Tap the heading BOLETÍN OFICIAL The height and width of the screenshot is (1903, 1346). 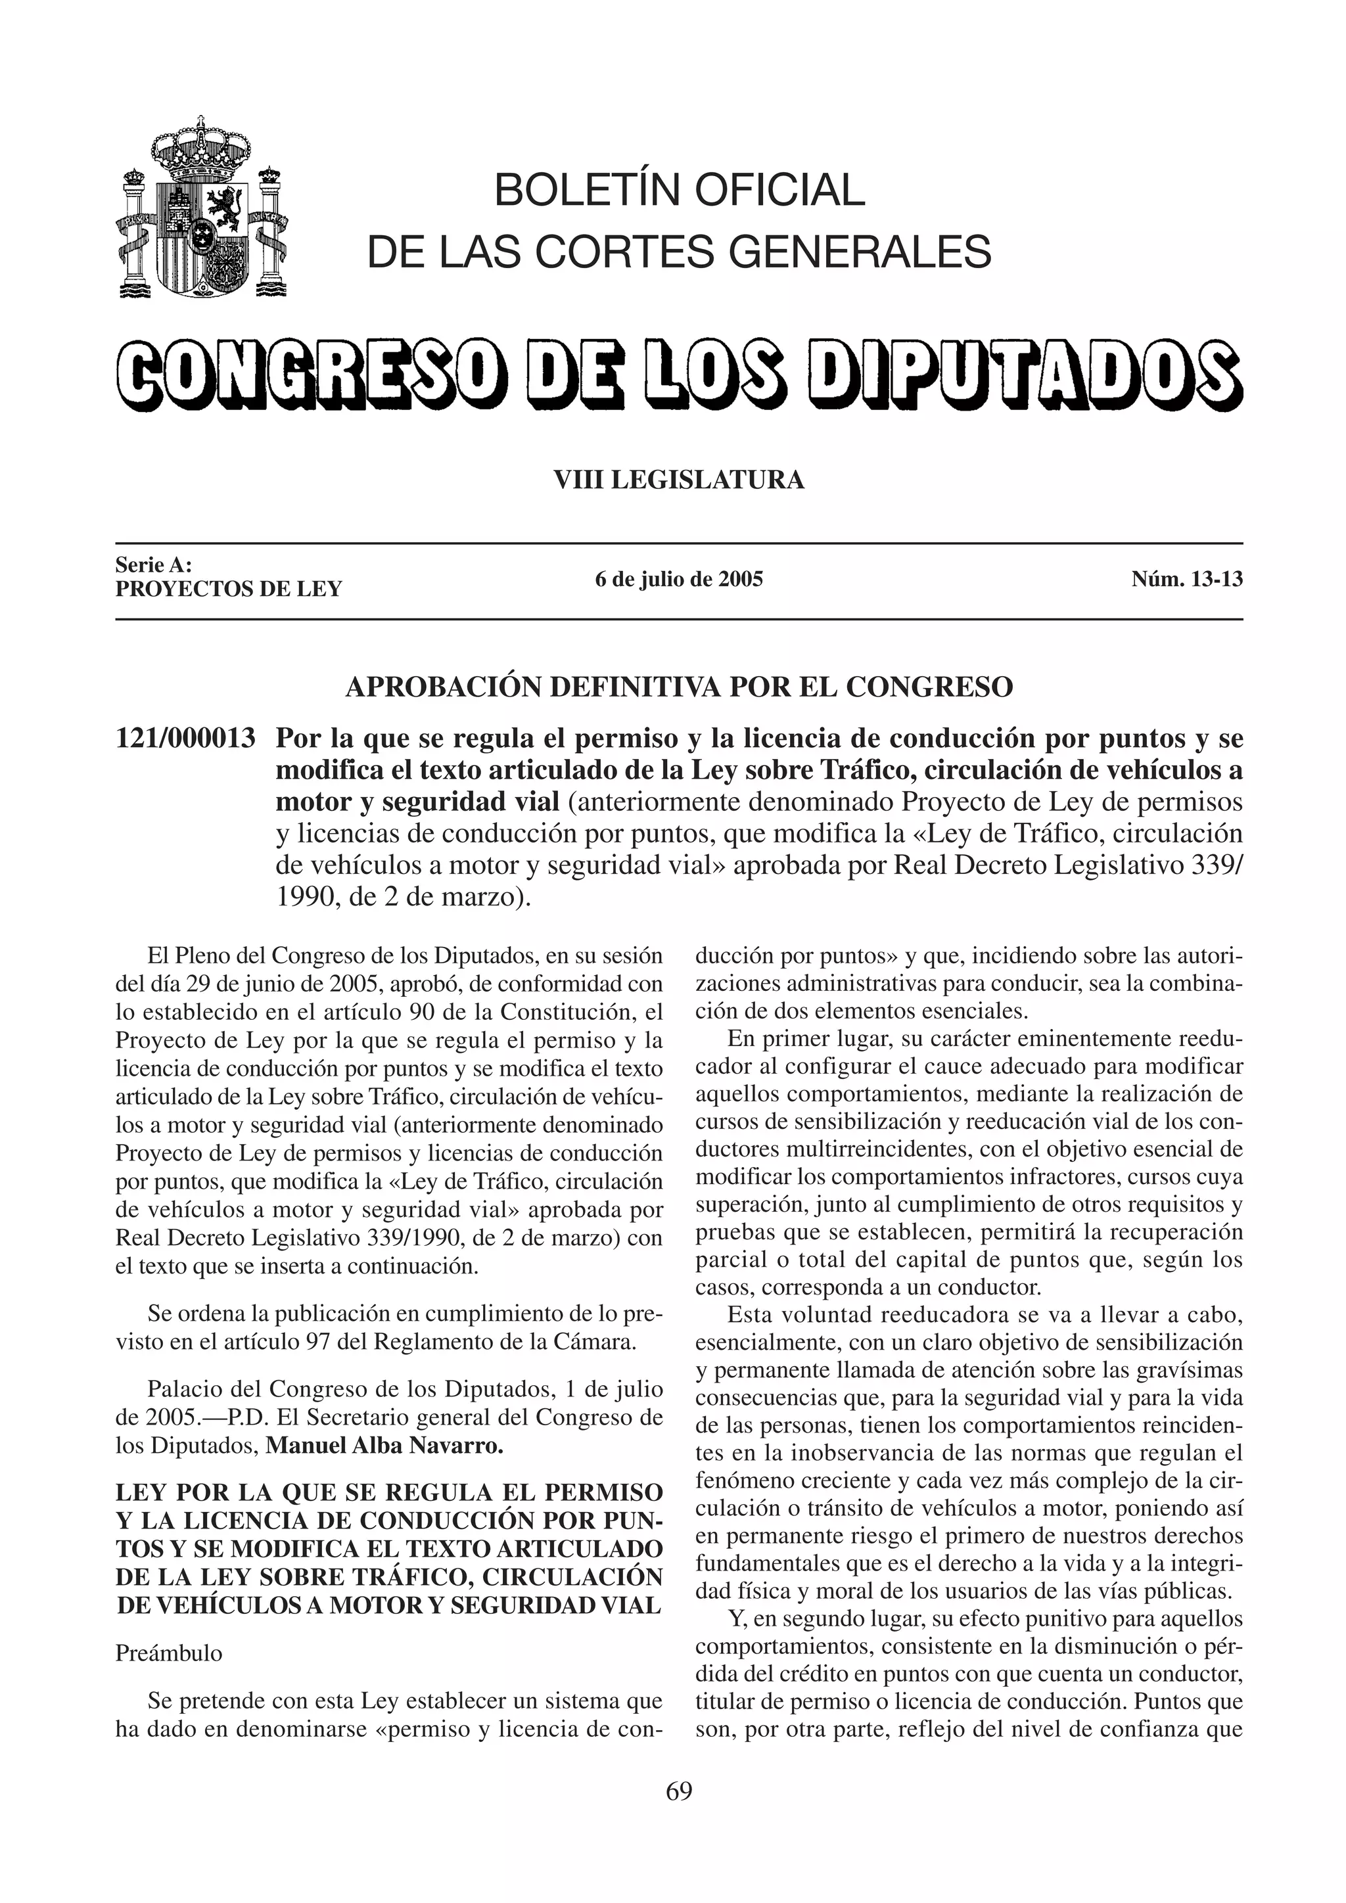click(x=679, y=190)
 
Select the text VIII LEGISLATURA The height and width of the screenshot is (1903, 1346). click(x=679, y=480)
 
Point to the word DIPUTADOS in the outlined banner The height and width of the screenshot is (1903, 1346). click(x=1028, y=375)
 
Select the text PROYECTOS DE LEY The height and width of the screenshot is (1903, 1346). click(x=229, y=589)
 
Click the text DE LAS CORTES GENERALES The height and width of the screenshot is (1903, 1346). click(x=679, y=251)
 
